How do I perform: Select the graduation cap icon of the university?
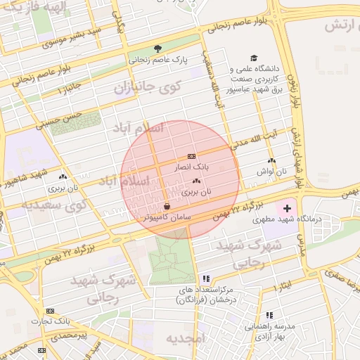pyautogui.click(x=253, y=58)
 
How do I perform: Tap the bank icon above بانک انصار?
pyautogui.click(x=192, y=156)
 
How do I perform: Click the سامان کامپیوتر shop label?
pyautogui.click(x=167, y=218)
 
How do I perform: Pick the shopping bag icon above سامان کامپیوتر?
pyautogui.click(x=167, y=206)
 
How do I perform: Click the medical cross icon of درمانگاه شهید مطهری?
pyautogui.click(x=287, y=209)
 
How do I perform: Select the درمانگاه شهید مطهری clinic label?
pyautogui.click(x=318, y=219)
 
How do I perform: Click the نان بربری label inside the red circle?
pyautogui.click(x=196, y=191)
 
